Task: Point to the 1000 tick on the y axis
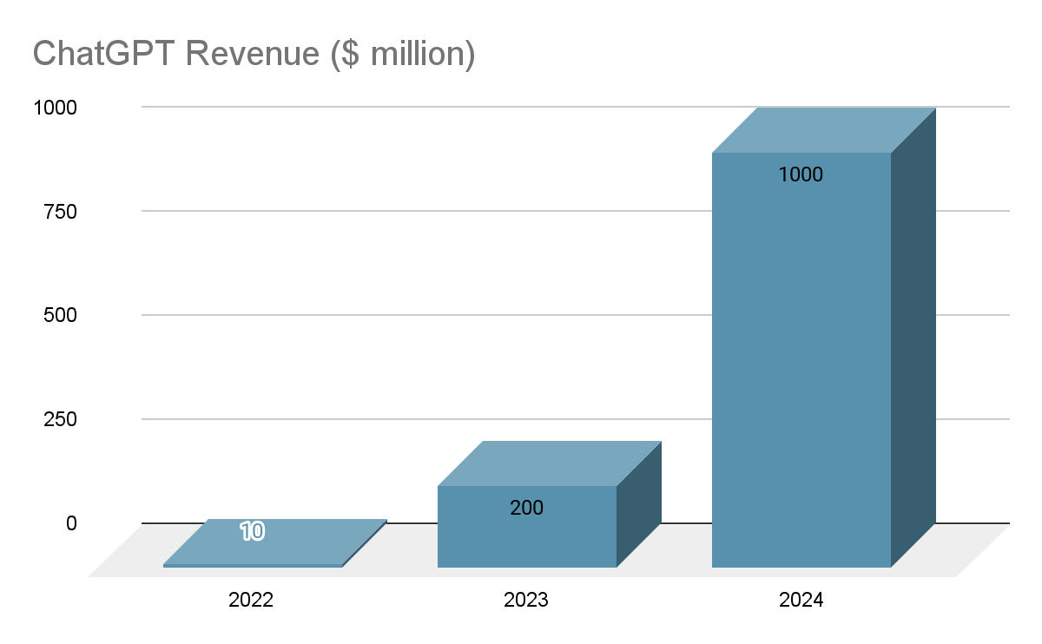click(x=55, y=108)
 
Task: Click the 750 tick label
click(x=60, y=211)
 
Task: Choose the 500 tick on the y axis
click(x=60, y=315)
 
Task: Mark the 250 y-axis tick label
click(x=60, y=419)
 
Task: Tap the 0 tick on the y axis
click(x=71, y=523)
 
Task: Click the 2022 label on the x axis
click(x=251, y=600)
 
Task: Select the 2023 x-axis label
click(x=526, y=600)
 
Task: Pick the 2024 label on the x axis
click(x=801, y=600)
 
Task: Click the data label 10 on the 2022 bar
click(x=252, y=531)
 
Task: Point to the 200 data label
click(x=526, y=508)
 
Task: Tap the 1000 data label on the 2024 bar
click(x=801, y=174)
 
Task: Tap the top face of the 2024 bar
click(x=823, y=130)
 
